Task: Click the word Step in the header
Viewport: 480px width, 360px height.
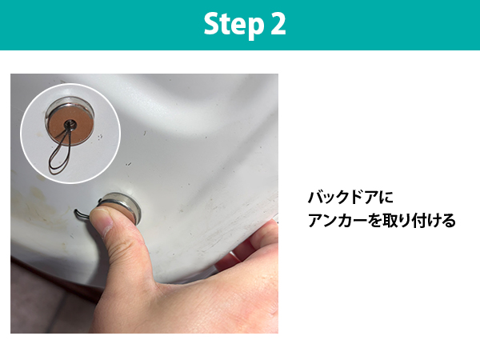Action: click(234, 25)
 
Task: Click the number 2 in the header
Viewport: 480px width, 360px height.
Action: click(278, 24)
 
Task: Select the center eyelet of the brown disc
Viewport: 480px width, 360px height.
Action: click(69, 124)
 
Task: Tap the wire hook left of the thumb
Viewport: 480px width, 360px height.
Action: click(82, 215)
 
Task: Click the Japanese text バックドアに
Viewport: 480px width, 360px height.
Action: click(350, 197)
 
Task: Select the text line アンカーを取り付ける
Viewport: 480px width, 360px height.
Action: click(382, 221)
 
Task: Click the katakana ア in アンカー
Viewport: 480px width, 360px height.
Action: click(316, 221)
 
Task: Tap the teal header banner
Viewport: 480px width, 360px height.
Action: click(240, 25)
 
